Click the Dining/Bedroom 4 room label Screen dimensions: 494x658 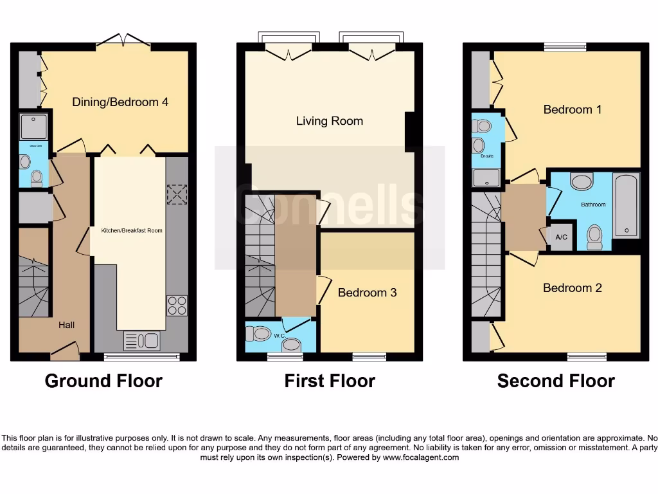120,102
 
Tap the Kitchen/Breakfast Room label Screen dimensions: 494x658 132,230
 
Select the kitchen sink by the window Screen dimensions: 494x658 141,340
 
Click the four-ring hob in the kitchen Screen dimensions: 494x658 177,305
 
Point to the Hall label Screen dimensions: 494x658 66,325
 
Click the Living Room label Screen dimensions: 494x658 329,121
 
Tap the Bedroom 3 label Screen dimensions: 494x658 367,293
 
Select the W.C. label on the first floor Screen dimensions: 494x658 280,335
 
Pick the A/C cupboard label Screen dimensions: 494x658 561,237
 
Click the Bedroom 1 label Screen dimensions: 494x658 572,109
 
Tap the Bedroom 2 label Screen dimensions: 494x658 572,288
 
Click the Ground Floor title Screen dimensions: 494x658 103,381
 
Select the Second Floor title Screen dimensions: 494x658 556,381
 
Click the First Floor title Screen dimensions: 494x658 330,381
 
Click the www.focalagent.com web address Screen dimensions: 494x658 421,458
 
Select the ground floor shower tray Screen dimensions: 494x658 31,126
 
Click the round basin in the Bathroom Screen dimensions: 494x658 582,182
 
